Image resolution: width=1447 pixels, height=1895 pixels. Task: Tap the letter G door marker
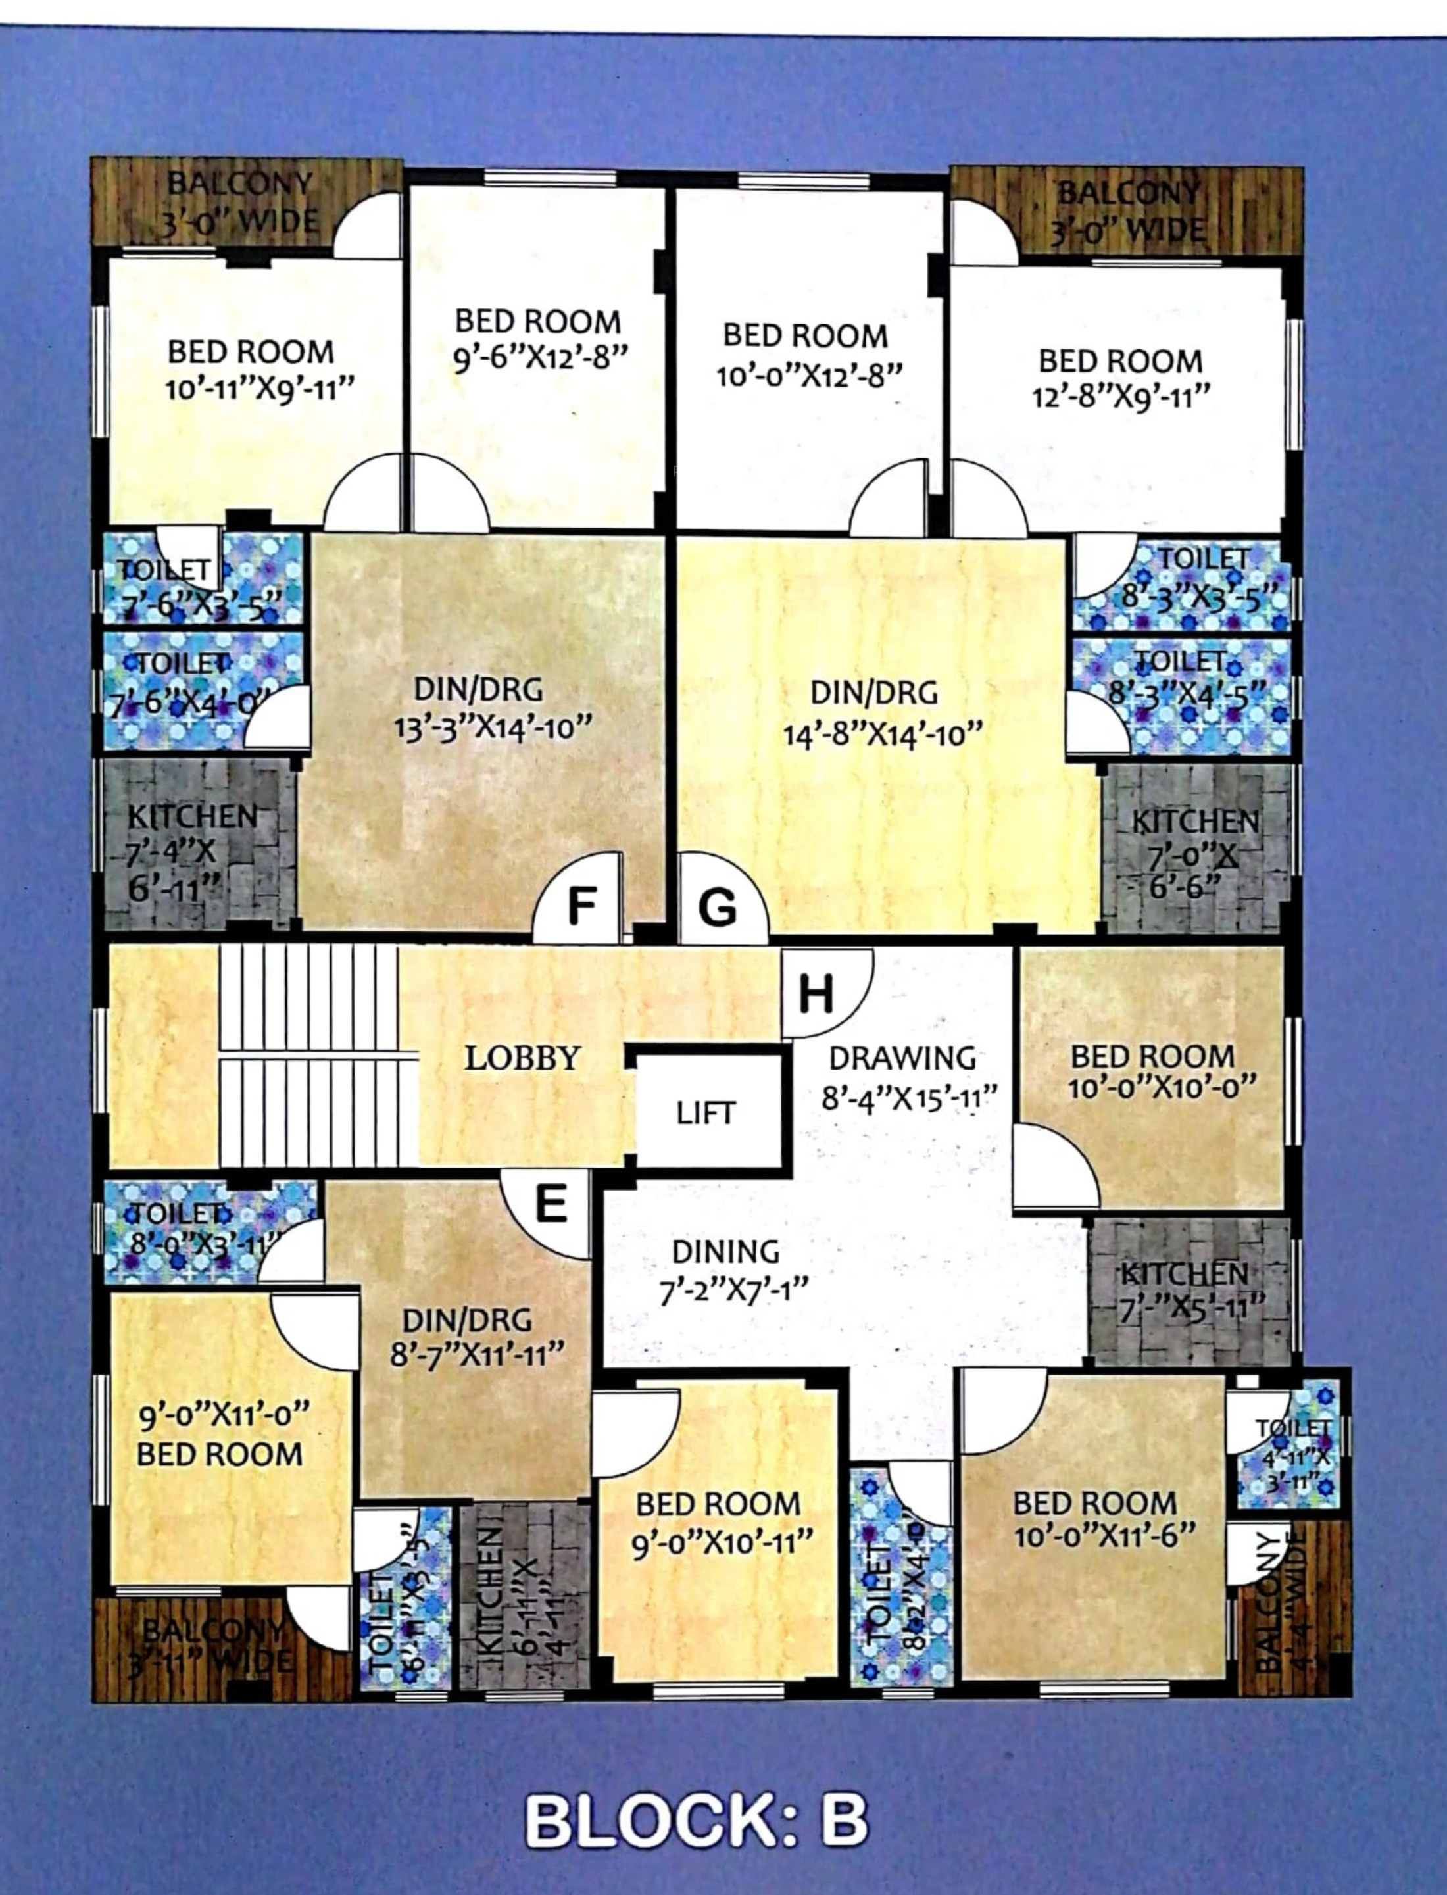coord(718,907)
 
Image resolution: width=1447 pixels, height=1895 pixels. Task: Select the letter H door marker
coord(816,993)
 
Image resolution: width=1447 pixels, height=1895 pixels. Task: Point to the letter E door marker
coord(551,1203)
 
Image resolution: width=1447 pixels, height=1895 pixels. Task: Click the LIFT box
coord(705,1113)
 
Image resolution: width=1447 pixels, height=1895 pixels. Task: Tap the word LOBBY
coord(522,1058)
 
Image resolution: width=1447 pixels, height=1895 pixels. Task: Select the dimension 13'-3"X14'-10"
coord(493,728)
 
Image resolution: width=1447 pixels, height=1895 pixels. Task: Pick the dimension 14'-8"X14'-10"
coord(882,735)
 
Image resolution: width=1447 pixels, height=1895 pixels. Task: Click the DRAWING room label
coord(902,1058)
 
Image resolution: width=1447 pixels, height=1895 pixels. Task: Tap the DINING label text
coord(725,1250)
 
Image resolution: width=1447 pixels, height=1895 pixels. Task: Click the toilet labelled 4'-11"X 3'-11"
coord(1289,1456)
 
